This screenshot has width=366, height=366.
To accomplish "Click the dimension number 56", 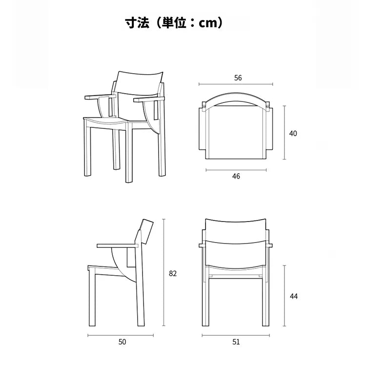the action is pyautogui.click(x=238, y=78).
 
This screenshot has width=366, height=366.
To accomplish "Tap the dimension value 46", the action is pyautogui.click(x=236, y=176).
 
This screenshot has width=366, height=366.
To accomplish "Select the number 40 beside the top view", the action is pyautogui.click(x=293, y=134).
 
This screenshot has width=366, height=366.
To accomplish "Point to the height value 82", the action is pyautogui.click(x=173, y=273).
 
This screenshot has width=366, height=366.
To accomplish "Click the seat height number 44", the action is pyautogui.click(x=294, y=296).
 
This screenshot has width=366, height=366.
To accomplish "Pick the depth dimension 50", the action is pyautogui.click(x=122, y=342).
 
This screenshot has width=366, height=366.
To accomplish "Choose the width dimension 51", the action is pyautogui.click(x=236, y=342).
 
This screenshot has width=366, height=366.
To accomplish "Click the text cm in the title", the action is pyautogui.click(x=208, y=23).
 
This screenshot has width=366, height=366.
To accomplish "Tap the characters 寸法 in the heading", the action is pyautogui.click(x=137, y=23).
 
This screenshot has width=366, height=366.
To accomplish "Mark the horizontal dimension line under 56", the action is pyautogui.click(x=236, y=84).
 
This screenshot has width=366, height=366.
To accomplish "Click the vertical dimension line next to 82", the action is pyautogui.click(x=164, y=272).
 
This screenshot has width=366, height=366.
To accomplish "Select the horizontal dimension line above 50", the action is pyautogui.click(x=121, y=335).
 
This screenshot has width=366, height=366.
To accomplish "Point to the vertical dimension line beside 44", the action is pyautogui.click(x=285, y=296).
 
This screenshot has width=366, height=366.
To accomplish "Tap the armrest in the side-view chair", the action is pyautogui.click(x=118, y=245).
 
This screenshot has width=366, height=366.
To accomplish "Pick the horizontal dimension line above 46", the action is pyautogui.click(x=236, y=170).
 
